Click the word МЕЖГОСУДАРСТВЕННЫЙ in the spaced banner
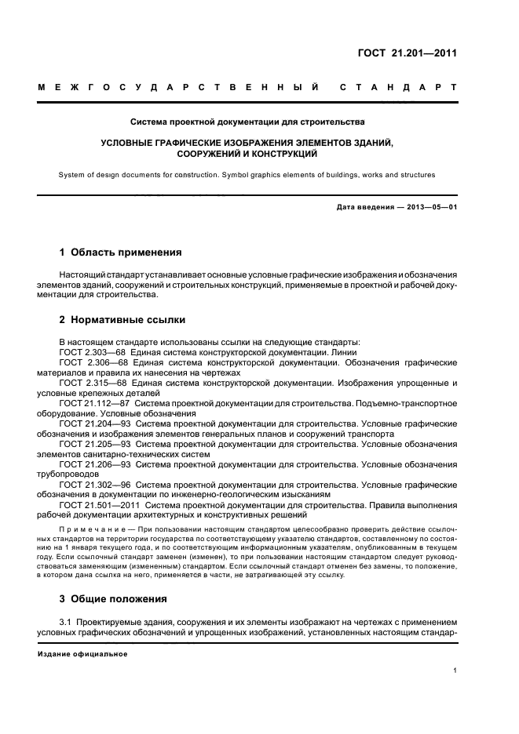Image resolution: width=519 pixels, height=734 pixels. pyautogui.click(x=178, y=88)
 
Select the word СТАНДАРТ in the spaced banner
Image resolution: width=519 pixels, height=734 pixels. pyautogui.click(x=398, y=88)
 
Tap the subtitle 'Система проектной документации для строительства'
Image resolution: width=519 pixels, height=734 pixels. pyautogui.click(x=248, y=123)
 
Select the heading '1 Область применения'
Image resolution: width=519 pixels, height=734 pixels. pyautogui.click(x=121, y=253)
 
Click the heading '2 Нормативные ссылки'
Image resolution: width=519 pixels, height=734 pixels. pyautogui.click(x=123, y=320)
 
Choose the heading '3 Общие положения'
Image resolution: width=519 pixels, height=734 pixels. pyautogui.click(x=114, y=599)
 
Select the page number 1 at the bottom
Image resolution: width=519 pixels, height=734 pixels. pyautogui.click(x=455, y=671)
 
